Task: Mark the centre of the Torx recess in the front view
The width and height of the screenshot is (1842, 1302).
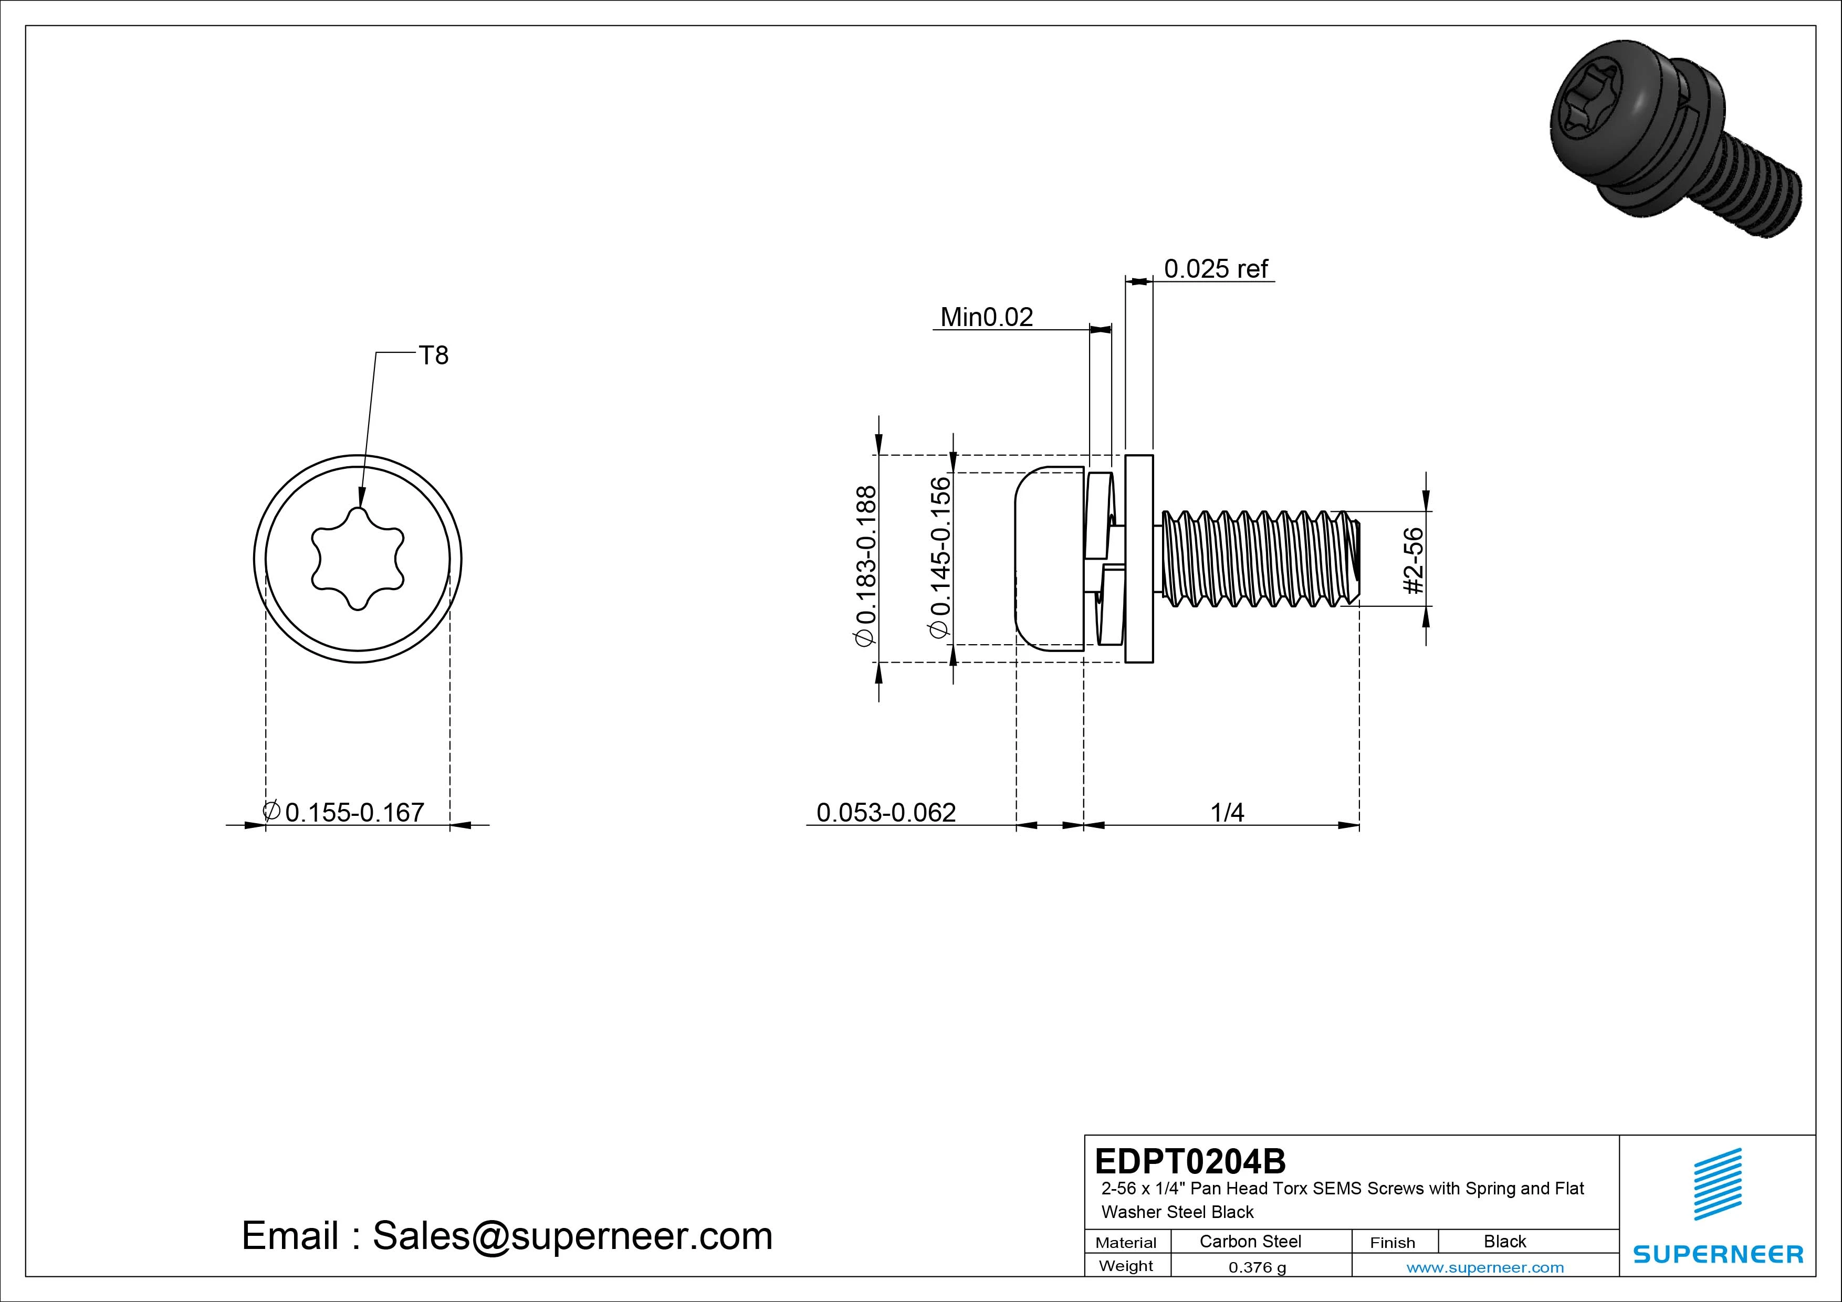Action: click(x=358, y=559)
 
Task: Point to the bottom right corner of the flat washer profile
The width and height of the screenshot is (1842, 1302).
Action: click(x=1153, y=663)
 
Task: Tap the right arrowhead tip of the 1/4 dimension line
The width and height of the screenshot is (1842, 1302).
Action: click(x=1359, y=825)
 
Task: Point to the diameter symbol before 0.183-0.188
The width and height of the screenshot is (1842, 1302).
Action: click(x=865, y=638)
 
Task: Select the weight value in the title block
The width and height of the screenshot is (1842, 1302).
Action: click(x=1257, y=1267)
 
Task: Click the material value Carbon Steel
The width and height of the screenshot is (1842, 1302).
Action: click(x=1250, y=1241)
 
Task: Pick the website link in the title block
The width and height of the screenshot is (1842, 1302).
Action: click(x=1485, y=1267)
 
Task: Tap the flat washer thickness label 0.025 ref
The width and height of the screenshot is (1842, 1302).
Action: click(x=1216, y=269)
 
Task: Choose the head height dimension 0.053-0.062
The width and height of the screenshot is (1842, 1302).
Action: click(x=886, y=813)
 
